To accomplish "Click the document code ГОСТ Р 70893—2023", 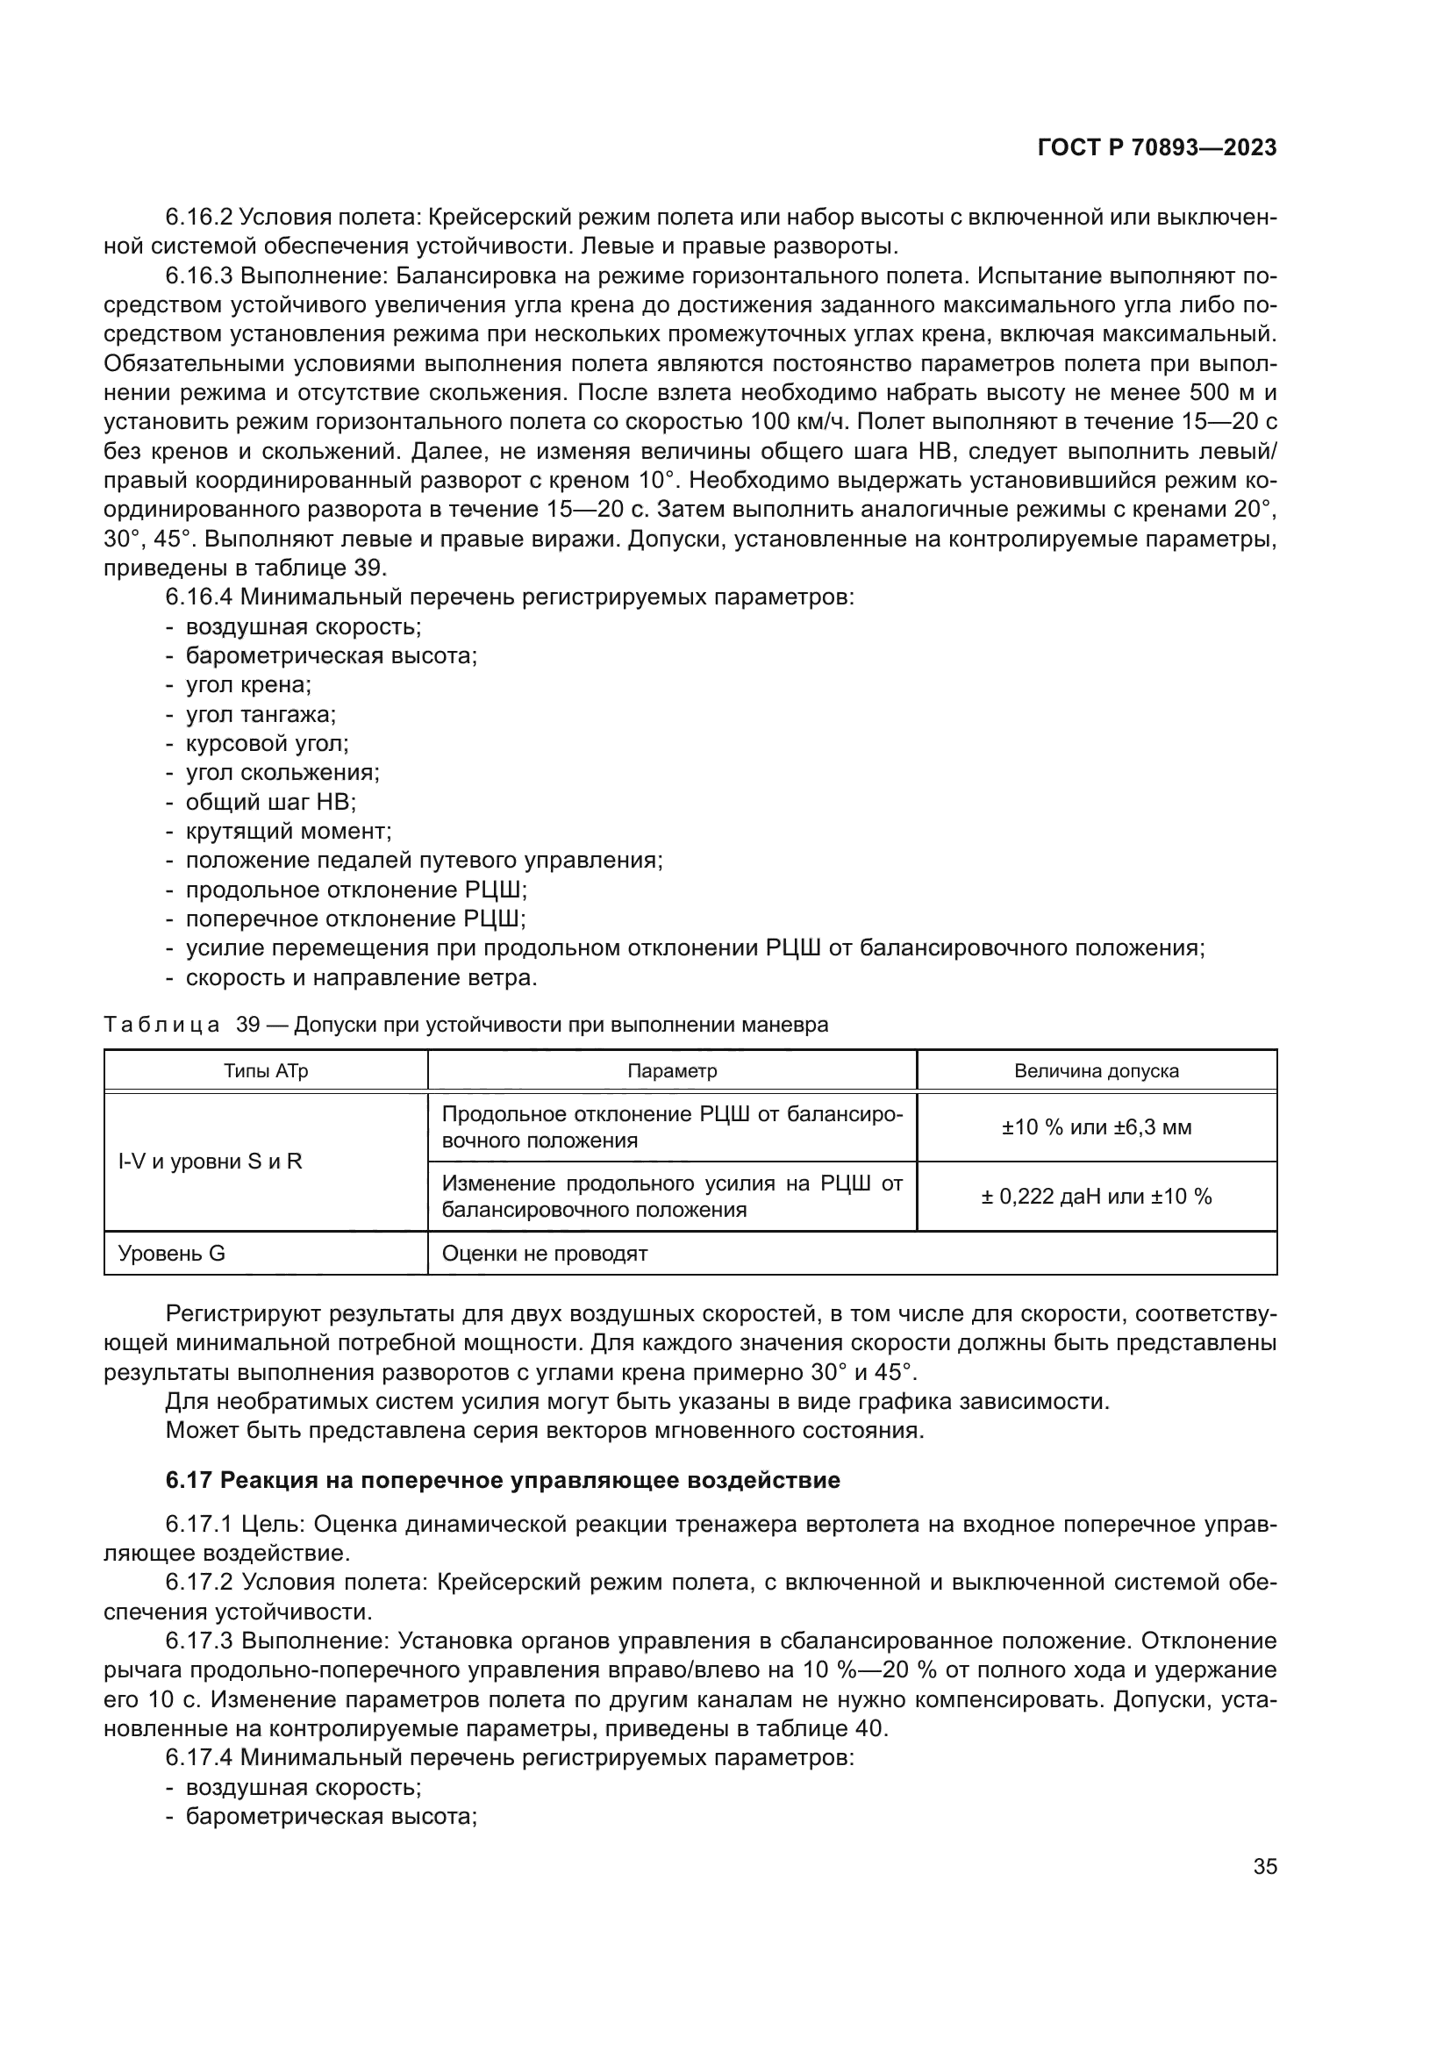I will (1157, 148).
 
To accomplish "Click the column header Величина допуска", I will (1097, 1070).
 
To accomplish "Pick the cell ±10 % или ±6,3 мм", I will (1097, 1127).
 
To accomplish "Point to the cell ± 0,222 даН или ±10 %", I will (1097, 1197).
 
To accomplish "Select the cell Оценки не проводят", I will (544, 1253).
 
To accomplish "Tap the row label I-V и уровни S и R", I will (210, 1162).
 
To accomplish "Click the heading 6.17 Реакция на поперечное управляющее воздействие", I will (502, 1481).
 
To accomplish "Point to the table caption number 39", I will (247, 1025).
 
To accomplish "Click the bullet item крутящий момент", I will (288, 831).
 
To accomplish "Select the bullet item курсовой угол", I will (267, 744).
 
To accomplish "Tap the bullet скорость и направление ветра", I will (361, 977).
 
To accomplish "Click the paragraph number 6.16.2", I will (199, 218).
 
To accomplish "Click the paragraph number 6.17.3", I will (199, 1641).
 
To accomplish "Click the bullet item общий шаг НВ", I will (270, 802).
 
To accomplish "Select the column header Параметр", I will (672, 1070).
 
